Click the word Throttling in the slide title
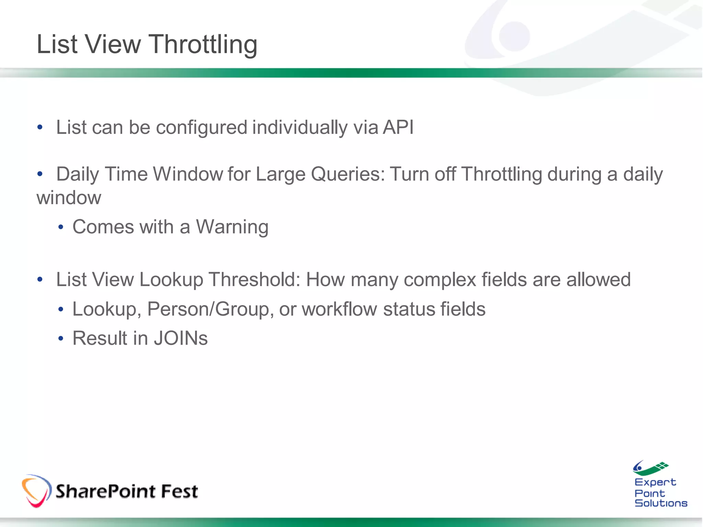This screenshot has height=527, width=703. [x=203, y=45]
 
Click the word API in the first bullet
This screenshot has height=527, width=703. [x=398, y=127]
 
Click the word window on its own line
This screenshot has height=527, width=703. [x=69, y=198]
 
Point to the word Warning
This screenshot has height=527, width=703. [x=232, y=227]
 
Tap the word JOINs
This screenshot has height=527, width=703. [x=181, y=338]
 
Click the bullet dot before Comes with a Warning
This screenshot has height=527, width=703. [x=61, y=227]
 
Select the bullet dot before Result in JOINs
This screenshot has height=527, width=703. [x=61, y=339]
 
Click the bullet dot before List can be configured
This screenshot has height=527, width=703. [x=40, y=128]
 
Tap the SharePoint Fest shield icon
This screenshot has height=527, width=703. [x=36, y=491]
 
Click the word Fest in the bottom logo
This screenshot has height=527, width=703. [x=179, y=491]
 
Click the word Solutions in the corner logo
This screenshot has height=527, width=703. [x=661, y=503]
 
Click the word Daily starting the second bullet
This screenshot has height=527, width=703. [x=78, y=174]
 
